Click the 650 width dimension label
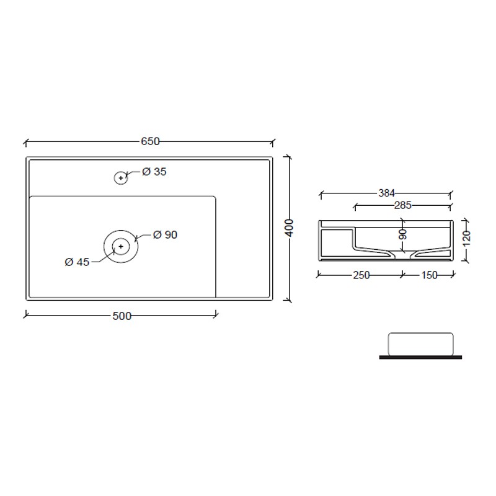click(x=150, y=141)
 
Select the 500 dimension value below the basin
click(x=122, y=316)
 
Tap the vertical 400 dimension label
click(x=289, y=228)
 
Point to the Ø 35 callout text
click(x=154, y=172)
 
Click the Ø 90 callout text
click(x=165, y=235)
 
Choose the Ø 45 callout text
click(x=77, y=262)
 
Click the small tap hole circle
click(x=121, y=178)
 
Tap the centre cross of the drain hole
click(x=121, y=246)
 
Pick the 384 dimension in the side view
click(x=386, y=193)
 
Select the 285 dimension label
click(x=402, y=205)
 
